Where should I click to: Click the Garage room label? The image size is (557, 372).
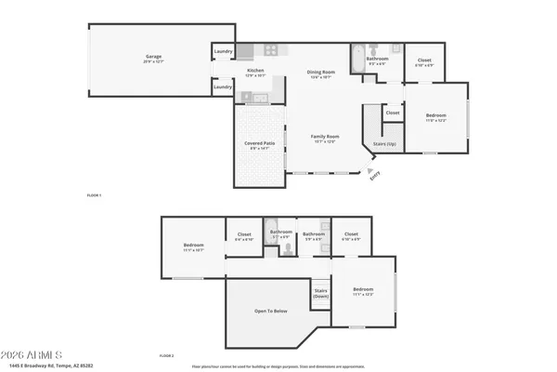click(153, 59)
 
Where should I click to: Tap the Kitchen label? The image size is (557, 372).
click(255, 73)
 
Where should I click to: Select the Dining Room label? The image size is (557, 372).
click(319, 75)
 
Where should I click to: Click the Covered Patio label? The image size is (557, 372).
click(257, 145)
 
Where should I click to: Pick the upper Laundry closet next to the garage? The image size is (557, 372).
click(223, 51)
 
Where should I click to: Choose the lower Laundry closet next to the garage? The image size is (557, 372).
click(223, 86)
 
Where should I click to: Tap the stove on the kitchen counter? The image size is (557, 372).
click(271, 50)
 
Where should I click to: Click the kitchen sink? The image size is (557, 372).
click(256, 98)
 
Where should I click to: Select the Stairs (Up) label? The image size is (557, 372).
click(384, 144)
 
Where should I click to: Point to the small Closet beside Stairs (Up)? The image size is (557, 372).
click(393, 113)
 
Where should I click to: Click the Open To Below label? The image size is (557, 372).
click(272, 312)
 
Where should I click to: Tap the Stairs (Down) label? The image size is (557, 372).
click(321, 293)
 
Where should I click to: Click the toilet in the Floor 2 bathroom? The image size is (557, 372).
click(325, 225)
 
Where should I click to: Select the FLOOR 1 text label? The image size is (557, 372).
click(93, 195)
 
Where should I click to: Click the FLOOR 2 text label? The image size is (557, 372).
click(167, 355)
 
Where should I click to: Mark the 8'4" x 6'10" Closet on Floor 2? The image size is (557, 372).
click(245, 236)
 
